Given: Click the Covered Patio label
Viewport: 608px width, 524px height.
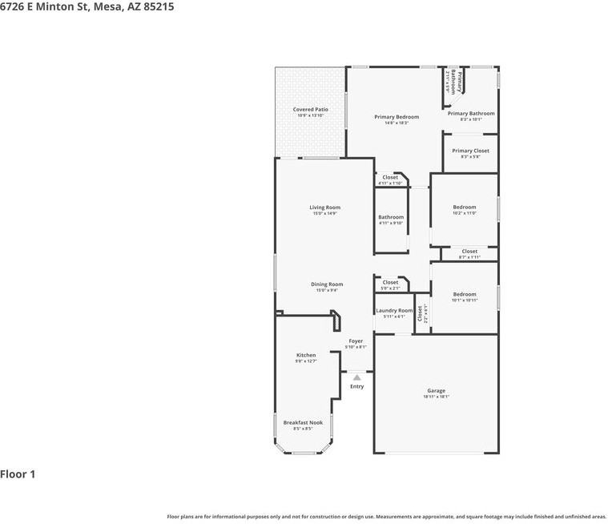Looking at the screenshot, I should click(x=310, y=110).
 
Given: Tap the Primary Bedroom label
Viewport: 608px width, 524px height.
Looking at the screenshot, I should click(x=397, y=117).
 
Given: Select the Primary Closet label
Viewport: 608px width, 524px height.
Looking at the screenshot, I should click(x=470, y=151).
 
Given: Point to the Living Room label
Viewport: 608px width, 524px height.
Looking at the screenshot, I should click(x=324, y=208).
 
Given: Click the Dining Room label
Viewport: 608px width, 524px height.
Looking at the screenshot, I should click(x=327, y=284).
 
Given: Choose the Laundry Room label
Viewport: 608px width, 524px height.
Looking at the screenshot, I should click(x=394, y=311).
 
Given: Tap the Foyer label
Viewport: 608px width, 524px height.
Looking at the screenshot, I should click(x=356, y=341).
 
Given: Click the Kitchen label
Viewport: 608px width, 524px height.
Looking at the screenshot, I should click(x=306, y=355).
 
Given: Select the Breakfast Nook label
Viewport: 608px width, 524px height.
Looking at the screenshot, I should click(x=303, y=422).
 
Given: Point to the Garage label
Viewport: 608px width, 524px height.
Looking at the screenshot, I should click(x=436, y=391).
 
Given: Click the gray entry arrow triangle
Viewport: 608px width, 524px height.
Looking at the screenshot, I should click(x=356, y=377).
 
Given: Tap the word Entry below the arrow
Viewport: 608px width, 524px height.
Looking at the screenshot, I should click(x=356, y=387).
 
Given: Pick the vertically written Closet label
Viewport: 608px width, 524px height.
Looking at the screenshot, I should click(x=420, y=313).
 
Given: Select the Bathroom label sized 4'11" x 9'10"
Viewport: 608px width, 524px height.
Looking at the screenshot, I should click(x=391, y=217).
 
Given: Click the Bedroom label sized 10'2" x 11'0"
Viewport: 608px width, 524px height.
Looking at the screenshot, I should click(x=464, y=207).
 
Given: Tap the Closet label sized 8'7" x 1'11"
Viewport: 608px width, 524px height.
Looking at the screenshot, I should click(x=469, y=252).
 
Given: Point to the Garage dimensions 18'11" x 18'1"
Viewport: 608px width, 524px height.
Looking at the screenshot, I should click(x=436, y=397).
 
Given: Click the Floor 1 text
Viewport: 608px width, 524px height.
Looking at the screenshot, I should click(x=18, y=474).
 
